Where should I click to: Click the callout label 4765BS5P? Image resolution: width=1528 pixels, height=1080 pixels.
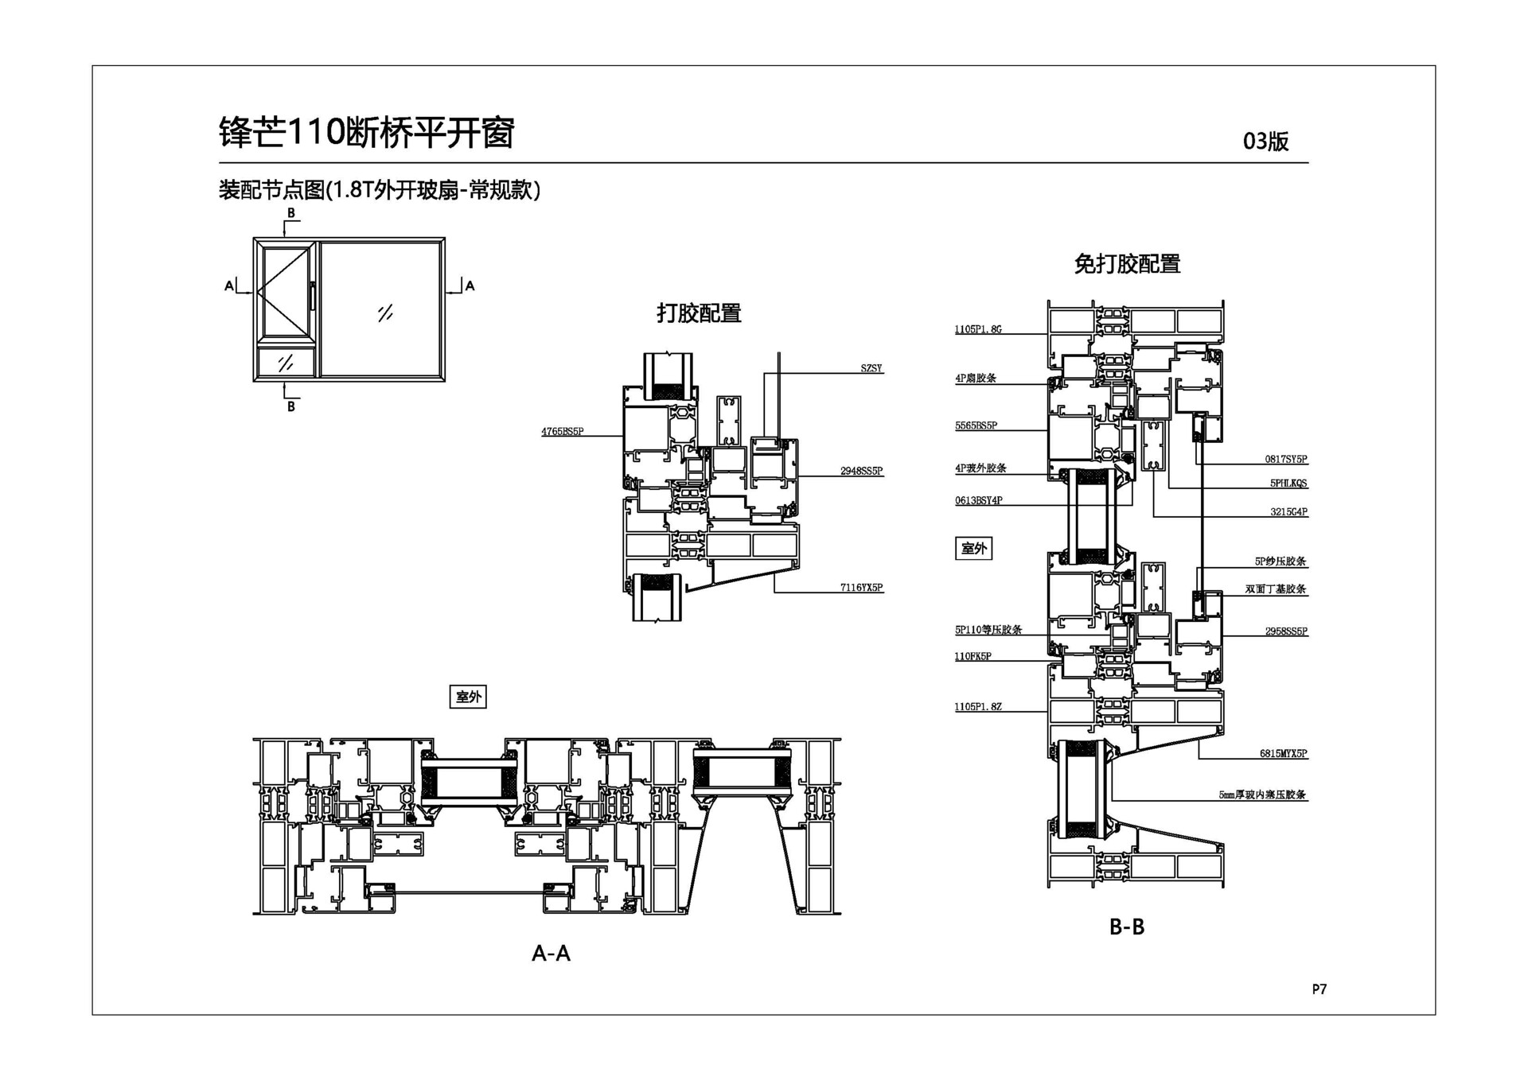(x=562, y=432)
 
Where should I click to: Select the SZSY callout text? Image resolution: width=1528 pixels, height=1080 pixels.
(x=871, y=368)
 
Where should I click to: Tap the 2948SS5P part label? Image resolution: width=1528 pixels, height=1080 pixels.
(x=861, y=471)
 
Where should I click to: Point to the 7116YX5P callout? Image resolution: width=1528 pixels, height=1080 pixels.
(x=861, y=588)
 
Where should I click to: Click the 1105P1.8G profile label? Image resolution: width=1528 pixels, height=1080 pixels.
(x=978, y=329)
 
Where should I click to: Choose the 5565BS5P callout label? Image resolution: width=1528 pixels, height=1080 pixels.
(x=976, y=425)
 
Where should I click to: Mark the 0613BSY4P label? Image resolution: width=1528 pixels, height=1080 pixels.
(x=978, y=500)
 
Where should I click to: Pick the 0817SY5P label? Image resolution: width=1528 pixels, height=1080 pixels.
(x=1286, y=459)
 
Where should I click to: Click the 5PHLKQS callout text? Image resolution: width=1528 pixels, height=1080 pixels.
(x=1288, y=483)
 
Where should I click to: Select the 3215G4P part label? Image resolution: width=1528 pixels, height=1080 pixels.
(x=1288, y=511)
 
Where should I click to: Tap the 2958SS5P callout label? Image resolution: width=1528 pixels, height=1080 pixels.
(x=1286, y=631)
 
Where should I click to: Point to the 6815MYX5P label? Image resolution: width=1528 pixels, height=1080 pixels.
(x=1283, y=753)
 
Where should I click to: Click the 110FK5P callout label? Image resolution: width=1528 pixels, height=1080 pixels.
(x=973, y=656)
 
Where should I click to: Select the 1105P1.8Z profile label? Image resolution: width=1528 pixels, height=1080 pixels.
(x=978, y=706)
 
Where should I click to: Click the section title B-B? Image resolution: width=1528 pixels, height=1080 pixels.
(x=1127, y=927)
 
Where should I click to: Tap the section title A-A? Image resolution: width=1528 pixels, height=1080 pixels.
(x=551, y=953)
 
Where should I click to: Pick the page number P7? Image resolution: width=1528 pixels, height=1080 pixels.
(x=1319, y=989)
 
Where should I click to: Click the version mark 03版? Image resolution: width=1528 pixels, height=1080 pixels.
(x=1265, y=142)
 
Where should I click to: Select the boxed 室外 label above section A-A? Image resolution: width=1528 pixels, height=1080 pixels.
(x=468, y=697)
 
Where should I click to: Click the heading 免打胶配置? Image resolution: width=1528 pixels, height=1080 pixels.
(x=1127, y=264)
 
